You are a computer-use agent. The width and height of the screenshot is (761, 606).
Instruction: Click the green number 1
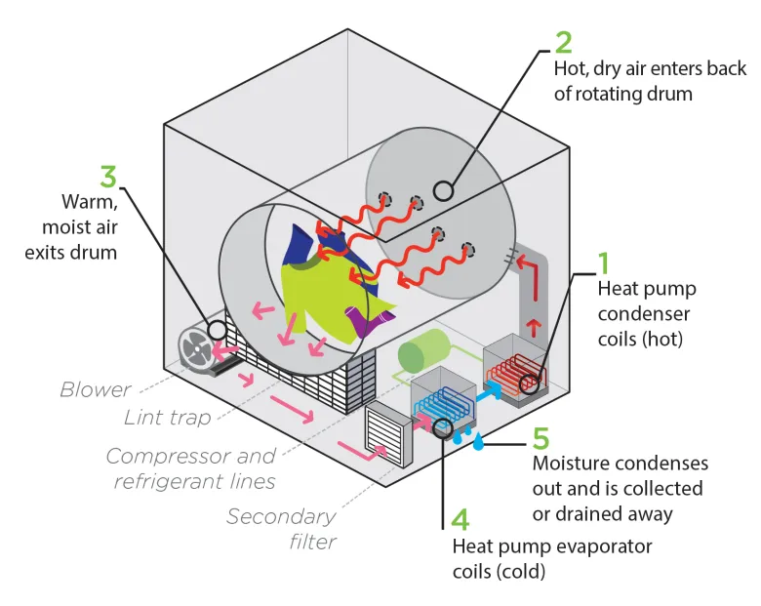pyautogui.click(x=605, y=263)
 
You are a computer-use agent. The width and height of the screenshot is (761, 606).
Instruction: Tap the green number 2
pyautogui.click(x=563, y=42)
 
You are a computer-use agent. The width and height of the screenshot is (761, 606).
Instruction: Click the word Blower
pyautogui.click(x=96, y=389)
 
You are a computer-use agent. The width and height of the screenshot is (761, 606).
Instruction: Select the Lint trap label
pyautogui.click(x=167, y=418)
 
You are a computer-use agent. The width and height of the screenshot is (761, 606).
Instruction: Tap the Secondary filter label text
pyautogui.click(x=281, y=527)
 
